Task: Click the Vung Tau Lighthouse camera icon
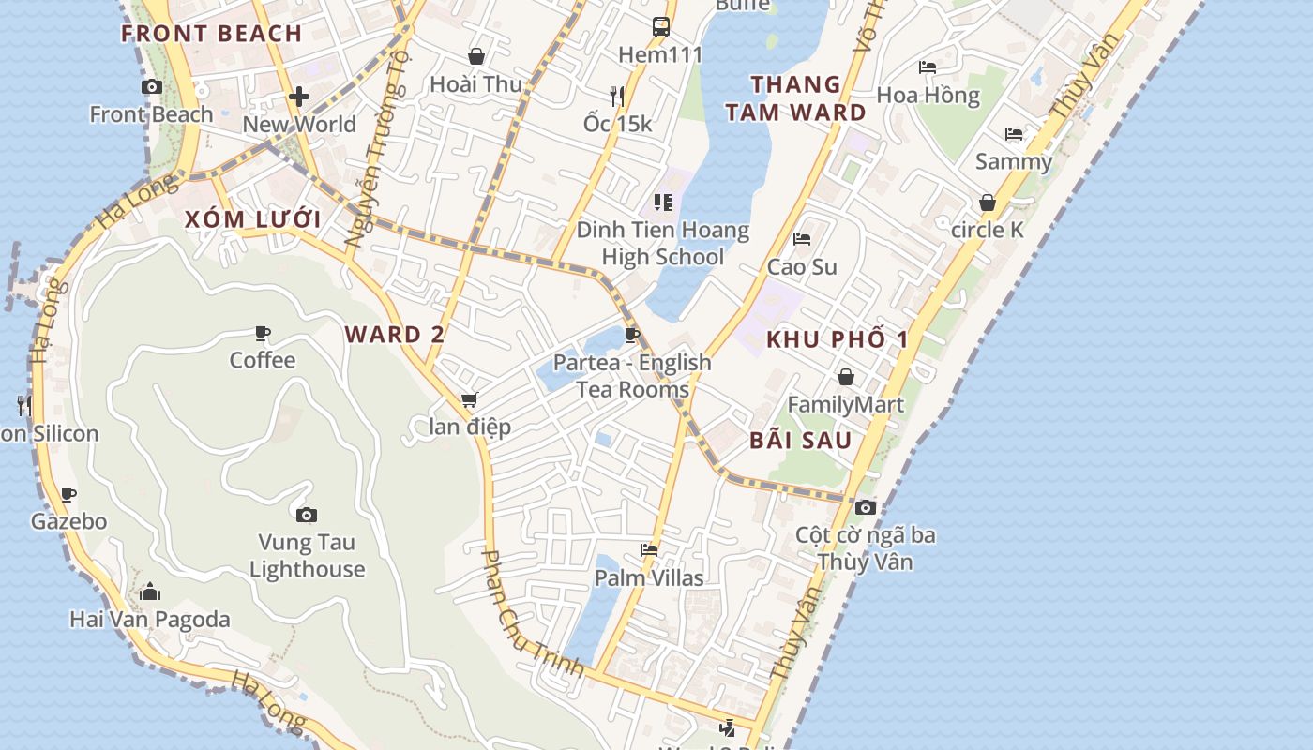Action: click(306, 515)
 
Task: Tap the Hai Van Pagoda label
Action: click(150, 619)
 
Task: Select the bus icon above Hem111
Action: click(661, 26)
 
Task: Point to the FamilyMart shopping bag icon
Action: click(846, 377)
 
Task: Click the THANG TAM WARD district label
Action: click(808, 98)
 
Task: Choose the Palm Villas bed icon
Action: click(649, 550)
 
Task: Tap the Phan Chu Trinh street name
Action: click(532, 615)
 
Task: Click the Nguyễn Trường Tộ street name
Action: click(378, 150)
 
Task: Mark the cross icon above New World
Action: click(299, 96)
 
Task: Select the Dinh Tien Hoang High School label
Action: click(663, 243)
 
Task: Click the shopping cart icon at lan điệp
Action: click(469, 400)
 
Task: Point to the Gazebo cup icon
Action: click(68, 494)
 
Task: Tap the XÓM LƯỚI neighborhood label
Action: click(252, 220)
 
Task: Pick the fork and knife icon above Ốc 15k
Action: click(616, 96)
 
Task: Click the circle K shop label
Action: click(988, 230)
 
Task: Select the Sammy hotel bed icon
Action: click(1014, 134)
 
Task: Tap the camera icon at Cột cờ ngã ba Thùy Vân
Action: click(866, 507)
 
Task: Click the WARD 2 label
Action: click(395, 335)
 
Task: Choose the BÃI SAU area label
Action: click(801, 441)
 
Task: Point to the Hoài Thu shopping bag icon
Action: click(476, 56)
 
